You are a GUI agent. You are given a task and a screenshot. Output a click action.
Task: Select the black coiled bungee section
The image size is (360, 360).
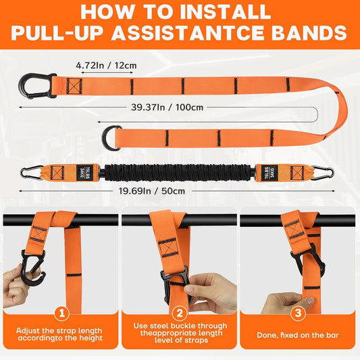click(179, 172)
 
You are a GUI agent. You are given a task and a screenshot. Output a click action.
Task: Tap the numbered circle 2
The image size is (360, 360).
click(179, 314)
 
